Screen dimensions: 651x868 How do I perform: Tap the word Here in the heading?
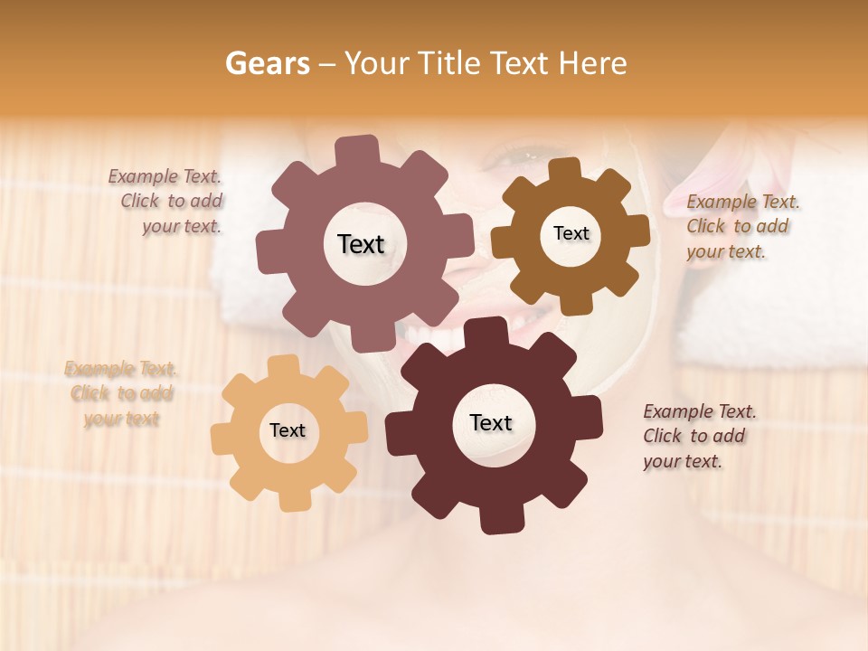tap(593, 63)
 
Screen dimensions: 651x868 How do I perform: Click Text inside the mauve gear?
tap(361, 244)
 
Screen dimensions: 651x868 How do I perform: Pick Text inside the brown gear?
tap(571, 233)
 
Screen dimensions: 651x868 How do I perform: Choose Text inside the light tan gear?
tap(288, 430)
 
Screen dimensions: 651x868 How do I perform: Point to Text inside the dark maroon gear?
tap(491, 422)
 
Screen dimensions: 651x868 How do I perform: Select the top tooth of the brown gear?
tap(564, 170)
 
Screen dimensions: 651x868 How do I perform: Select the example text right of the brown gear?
tap(741, 226)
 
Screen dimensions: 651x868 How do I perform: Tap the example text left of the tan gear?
tap(121, 393)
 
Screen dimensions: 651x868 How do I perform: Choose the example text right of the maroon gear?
tap(698, 436)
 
